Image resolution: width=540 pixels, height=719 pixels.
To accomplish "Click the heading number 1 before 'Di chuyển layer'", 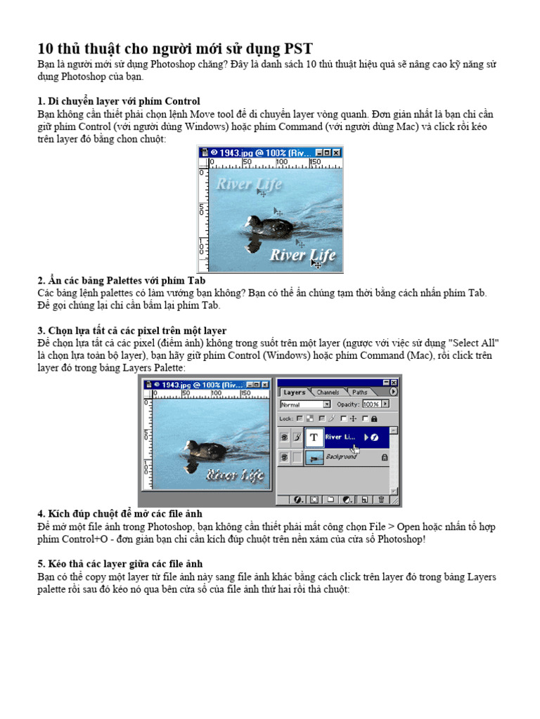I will (x=39, y=101).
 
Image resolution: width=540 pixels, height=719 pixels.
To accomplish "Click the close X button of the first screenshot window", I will (x=337, y=152).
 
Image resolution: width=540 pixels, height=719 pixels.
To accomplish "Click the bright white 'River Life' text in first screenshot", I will (x=302, y=254).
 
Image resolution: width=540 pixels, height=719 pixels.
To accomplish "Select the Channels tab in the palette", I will (x=328, y=392).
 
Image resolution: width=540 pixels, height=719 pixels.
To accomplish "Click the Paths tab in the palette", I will (x=359, y=392).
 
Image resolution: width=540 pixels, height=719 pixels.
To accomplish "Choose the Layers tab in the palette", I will (x=294, y=392).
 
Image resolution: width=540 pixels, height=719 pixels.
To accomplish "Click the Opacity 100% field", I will (x=371, y=404).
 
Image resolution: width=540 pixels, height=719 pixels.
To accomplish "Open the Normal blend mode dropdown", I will (x=327, y=404).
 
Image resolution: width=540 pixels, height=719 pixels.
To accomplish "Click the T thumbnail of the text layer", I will (x=314, y=437).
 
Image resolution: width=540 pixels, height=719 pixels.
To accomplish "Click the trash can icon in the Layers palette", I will (x=380, y=499).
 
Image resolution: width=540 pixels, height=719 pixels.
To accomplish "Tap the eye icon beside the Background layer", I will (x=284, y=457).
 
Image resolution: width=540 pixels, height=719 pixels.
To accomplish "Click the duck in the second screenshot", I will (x=205, y=449).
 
